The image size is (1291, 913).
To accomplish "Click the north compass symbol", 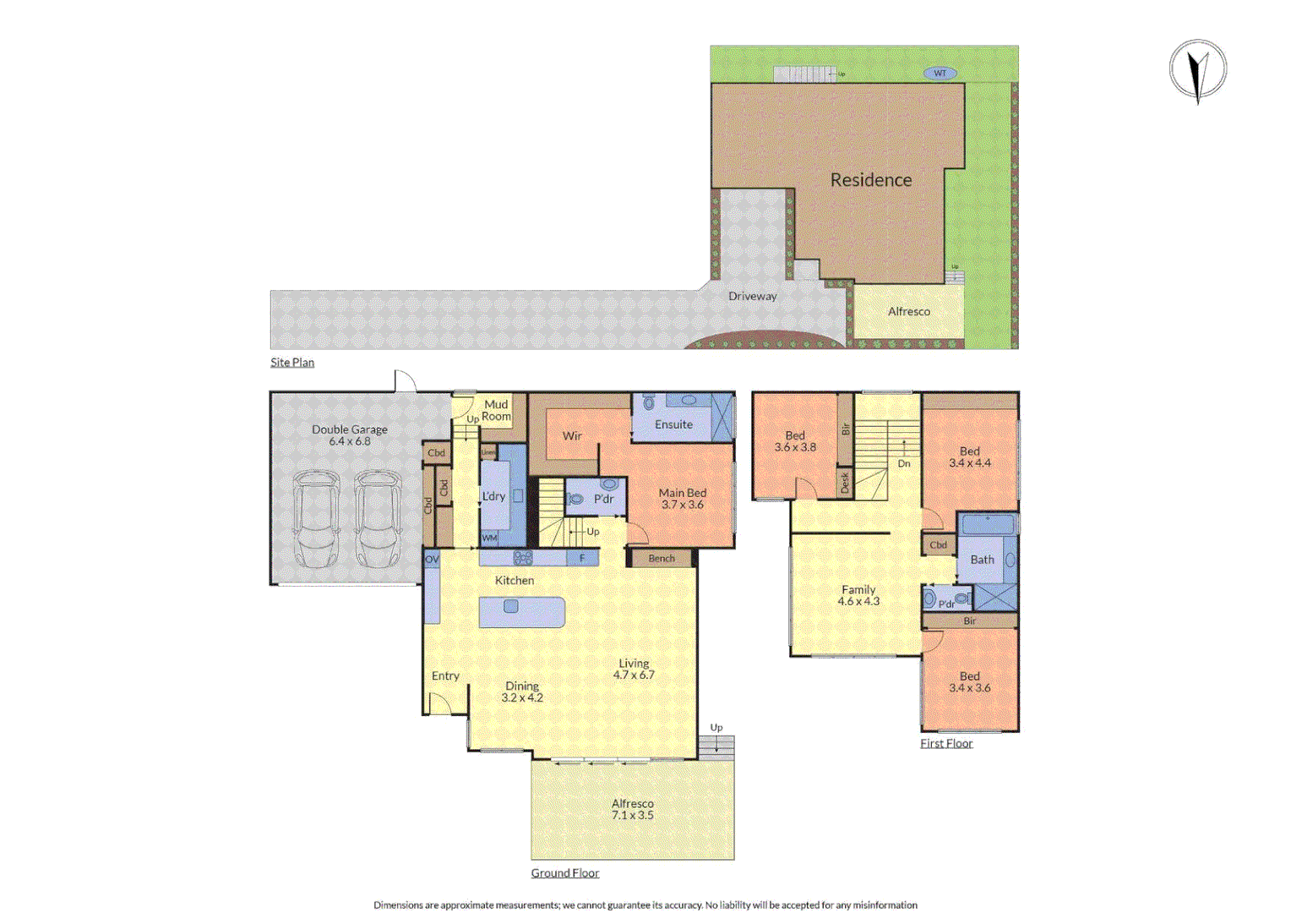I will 1198,69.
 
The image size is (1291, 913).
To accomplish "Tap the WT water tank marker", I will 940,74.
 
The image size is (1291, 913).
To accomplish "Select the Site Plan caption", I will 292,363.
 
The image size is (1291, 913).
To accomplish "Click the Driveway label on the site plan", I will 752,297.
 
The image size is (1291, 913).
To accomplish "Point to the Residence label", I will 870,180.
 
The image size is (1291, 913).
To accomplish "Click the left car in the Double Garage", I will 316,519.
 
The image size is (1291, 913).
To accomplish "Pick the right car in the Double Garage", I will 377,519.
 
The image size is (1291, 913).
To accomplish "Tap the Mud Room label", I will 496,411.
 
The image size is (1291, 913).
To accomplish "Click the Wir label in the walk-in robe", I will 572,436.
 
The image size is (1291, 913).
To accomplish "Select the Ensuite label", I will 673,424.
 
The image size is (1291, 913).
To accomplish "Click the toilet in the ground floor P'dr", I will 576,500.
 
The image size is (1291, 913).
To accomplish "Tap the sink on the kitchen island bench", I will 510,607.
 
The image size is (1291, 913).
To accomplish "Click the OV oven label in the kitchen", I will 432,560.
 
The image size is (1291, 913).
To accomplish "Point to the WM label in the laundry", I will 489,538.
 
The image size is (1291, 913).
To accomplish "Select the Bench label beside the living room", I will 662,559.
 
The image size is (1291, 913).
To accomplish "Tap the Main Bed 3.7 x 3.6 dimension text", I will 682,505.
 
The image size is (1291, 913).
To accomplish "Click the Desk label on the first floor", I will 845,483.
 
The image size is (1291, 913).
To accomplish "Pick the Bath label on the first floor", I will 982,560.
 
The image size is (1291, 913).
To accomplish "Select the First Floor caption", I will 946,744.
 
